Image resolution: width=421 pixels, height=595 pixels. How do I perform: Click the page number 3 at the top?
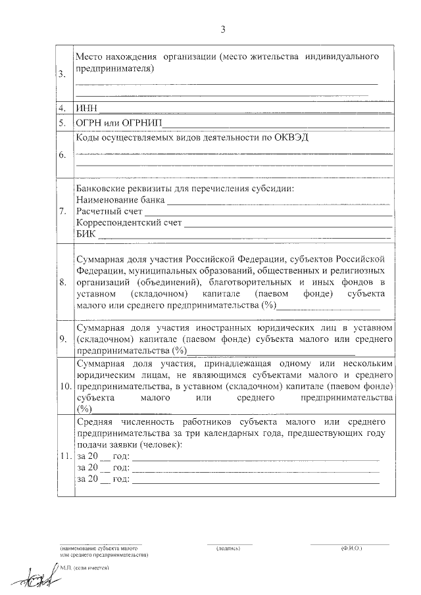223,29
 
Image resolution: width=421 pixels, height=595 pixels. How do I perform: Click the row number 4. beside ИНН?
62,108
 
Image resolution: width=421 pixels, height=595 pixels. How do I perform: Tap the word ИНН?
87,108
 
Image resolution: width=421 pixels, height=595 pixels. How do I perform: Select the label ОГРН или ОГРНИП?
118,122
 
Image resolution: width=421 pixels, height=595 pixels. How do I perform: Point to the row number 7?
62,212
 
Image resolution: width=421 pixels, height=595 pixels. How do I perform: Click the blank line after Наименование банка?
280,201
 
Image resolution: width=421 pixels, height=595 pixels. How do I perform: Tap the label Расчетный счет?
109,212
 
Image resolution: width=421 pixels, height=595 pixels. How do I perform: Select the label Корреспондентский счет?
129,224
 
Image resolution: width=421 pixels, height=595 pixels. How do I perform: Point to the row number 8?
62,283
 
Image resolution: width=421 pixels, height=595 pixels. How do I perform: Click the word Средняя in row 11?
95,421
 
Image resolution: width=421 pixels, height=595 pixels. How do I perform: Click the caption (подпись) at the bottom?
230,547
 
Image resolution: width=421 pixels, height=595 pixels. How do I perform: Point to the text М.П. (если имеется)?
84,567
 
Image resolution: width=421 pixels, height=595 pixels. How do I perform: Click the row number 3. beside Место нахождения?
62,74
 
